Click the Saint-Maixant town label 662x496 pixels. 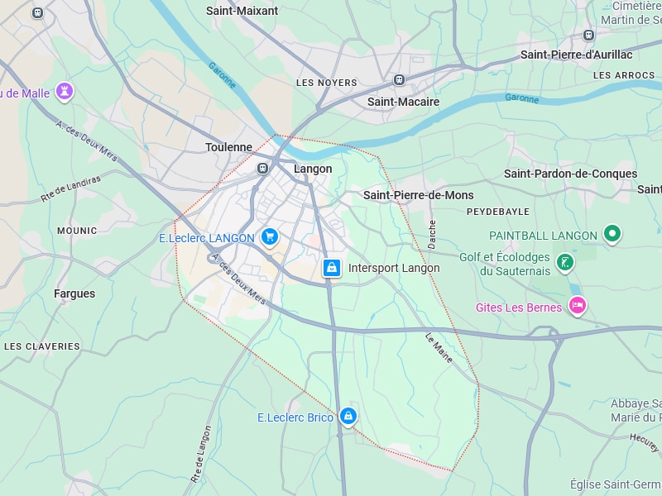coord(242,11)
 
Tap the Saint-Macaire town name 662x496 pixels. coord(403,102)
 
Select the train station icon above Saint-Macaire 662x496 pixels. coord(400,80)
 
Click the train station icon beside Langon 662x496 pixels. coord(263,168)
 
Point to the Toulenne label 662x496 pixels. coord(228,147)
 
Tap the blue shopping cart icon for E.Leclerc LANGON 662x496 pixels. coord(269,237)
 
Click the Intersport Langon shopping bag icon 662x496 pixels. coord(331,268)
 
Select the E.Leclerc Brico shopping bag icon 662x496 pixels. coord(348,416)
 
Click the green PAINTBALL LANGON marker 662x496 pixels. coord(612,235)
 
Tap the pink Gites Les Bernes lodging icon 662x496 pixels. coord(578,307)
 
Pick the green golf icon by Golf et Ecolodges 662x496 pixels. coord(565,264)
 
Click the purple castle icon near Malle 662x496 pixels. coord(65,91)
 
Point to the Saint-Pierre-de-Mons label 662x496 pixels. coord(418,195)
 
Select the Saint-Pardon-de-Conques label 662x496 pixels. coord(570,174)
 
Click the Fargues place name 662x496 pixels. coord(74,293)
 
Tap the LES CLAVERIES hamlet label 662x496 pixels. coord(42,346)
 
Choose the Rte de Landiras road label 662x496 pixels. coord(70,188)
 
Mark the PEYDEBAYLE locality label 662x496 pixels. coord(497,212)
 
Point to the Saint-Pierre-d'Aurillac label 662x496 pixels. coord(576,55)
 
